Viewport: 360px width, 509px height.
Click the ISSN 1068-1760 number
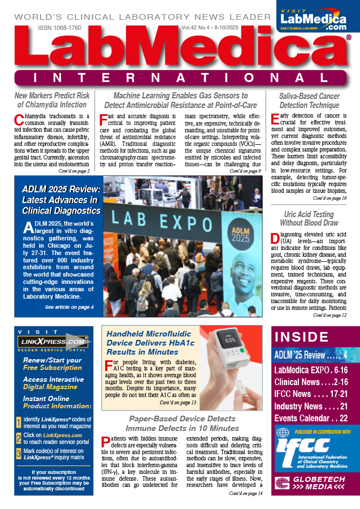coord(60,27)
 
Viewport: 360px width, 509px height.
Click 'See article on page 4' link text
coord(69,307)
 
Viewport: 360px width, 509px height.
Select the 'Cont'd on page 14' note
coord(245,493)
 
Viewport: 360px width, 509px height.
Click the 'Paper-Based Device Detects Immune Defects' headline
coord(181,423)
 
